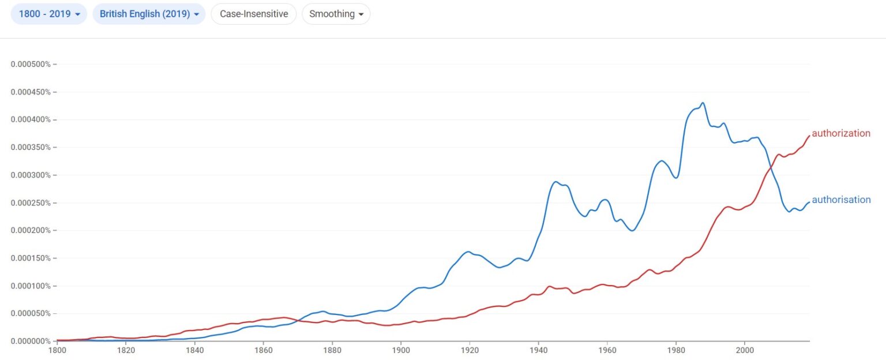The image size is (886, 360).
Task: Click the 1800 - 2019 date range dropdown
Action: click(x=49, y=14)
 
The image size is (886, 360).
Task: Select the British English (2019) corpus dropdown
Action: click(x=149, y=14)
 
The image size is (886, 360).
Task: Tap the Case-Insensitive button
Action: click(x=254, y=14)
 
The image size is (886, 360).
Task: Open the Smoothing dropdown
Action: click(x=336, y=14)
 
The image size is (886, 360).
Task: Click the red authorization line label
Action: click(x=840, y=133)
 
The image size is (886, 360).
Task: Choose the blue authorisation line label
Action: click(x=841, y=200)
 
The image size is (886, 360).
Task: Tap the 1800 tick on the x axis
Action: click(x=57, y=350)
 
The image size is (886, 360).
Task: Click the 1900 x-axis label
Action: click(x=401, y=350)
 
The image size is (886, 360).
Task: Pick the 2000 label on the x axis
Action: click(x=745, y=350)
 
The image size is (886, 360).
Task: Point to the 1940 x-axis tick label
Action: click(x=538, y=350)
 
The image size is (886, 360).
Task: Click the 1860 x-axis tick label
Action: click(x=264, y=350)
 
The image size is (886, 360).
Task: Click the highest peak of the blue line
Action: click(x=703, y=103)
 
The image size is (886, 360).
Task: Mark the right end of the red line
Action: click(x=809, y=136)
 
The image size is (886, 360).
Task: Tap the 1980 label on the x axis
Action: click(x=676, y=350)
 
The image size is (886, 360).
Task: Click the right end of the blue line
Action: click(x=809, y=202)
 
